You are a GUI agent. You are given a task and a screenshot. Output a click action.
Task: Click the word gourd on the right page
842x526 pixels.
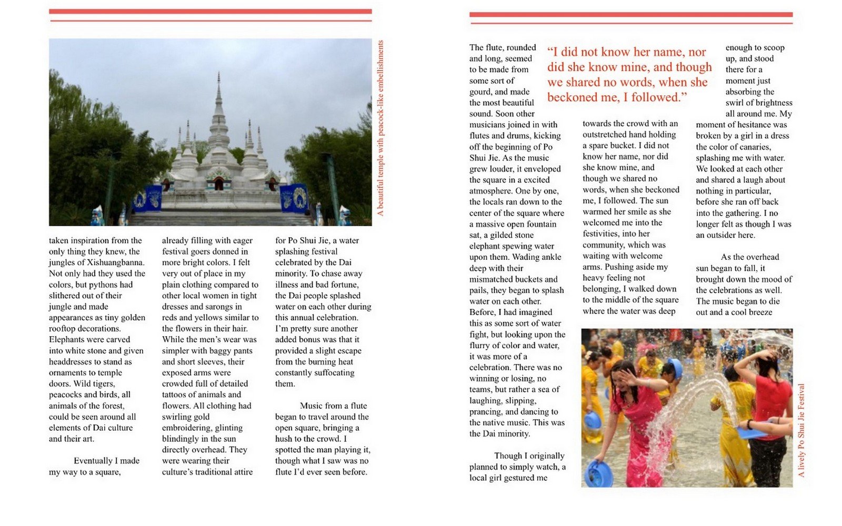[480, 92]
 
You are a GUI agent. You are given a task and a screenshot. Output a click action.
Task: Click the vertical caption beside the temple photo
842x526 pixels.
[380, 128]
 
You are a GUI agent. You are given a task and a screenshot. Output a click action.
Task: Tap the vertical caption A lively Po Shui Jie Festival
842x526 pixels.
[801, 430]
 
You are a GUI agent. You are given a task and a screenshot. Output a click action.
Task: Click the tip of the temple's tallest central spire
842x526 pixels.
[219, 74]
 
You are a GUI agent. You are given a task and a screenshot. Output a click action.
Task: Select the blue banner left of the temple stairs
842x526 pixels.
[147, 198]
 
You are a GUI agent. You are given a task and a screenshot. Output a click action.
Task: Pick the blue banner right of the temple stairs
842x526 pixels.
[294, 197]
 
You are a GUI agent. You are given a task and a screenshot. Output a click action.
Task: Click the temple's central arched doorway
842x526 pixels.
[219, 184]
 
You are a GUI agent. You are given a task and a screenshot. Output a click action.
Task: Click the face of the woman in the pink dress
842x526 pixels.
[625, 377]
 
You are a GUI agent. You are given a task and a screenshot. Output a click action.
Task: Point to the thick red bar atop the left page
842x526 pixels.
[210, 11]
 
